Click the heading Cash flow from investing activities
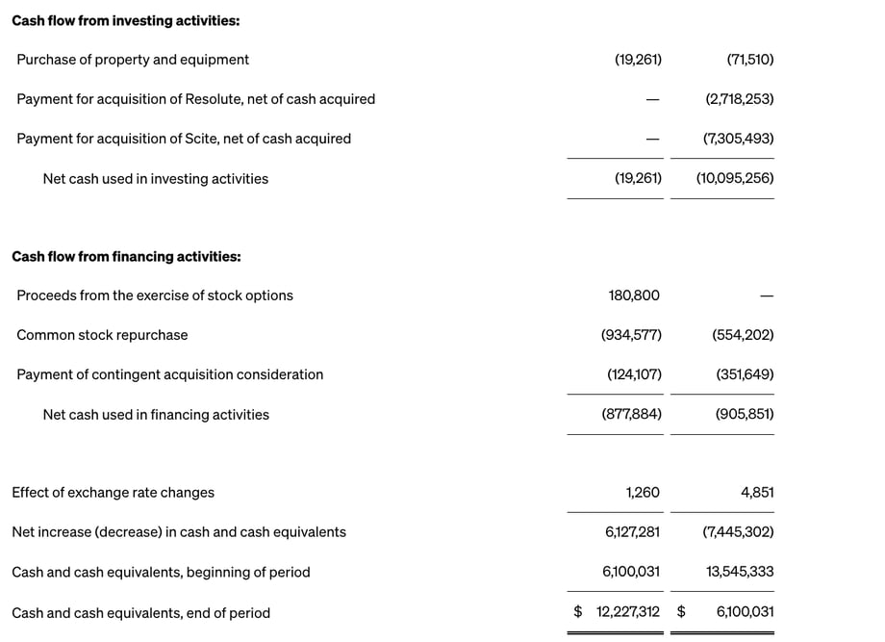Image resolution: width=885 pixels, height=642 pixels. [x=126, y=20]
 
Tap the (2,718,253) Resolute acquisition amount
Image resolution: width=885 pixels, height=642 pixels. [x=739, y=99]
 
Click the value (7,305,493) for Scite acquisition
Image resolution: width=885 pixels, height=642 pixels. [x=738, y=139]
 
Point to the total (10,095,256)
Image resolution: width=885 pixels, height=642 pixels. [x=735, y=178]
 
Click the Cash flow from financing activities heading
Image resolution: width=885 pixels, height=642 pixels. [x=126, y=257]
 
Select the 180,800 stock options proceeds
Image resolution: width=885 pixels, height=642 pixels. [x=634, y=295]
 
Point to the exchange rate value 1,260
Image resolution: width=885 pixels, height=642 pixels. [x=643, y=493]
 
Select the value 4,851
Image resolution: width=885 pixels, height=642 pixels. [x=757, y=493]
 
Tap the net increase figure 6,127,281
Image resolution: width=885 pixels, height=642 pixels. [x=632, y=532]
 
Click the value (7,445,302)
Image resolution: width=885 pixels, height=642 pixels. [x=738, y=532]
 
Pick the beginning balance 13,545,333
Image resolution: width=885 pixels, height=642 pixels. [x=740, y=572]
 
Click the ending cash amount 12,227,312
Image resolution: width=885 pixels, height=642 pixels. [x=627, y=612]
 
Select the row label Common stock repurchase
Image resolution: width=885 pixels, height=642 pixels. [x=102, y=335]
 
